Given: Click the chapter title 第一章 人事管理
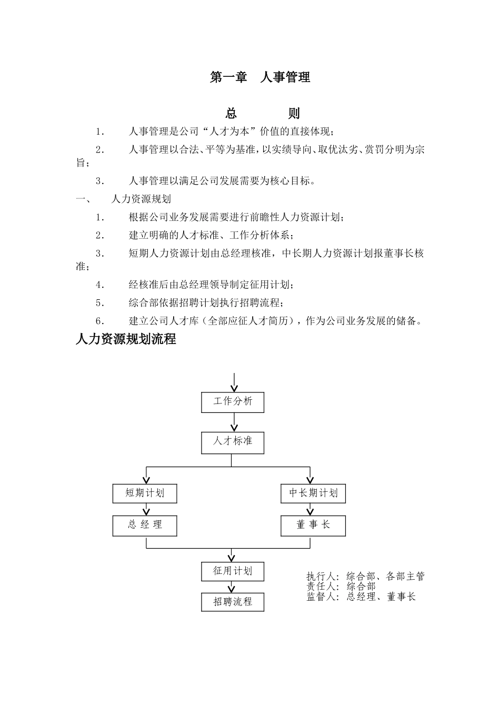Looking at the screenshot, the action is click(260, 77).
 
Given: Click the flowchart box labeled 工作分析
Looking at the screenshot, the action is click(233, 402).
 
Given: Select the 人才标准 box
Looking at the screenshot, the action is click(233, 442).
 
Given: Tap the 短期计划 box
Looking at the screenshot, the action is click(145, 493).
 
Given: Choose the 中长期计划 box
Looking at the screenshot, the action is click(313, 493).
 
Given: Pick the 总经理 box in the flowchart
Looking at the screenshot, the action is click(145, 525).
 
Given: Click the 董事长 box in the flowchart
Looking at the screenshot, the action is click(313, 525).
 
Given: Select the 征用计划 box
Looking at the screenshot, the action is click(233, 571).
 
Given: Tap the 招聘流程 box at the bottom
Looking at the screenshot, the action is click(233, 602).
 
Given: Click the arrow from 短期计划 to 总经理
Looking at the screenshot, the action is click(146, 509).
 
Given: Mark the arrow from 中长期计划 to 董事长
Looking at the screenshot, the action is click(312, 509).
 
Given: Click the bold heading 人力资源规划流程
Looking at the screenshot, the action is click(126, 339).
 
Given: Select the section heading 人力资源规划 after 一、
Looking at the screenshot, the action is click(141, 199).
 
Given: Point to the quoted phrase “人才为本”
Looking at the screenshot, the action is click(230, 132).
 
